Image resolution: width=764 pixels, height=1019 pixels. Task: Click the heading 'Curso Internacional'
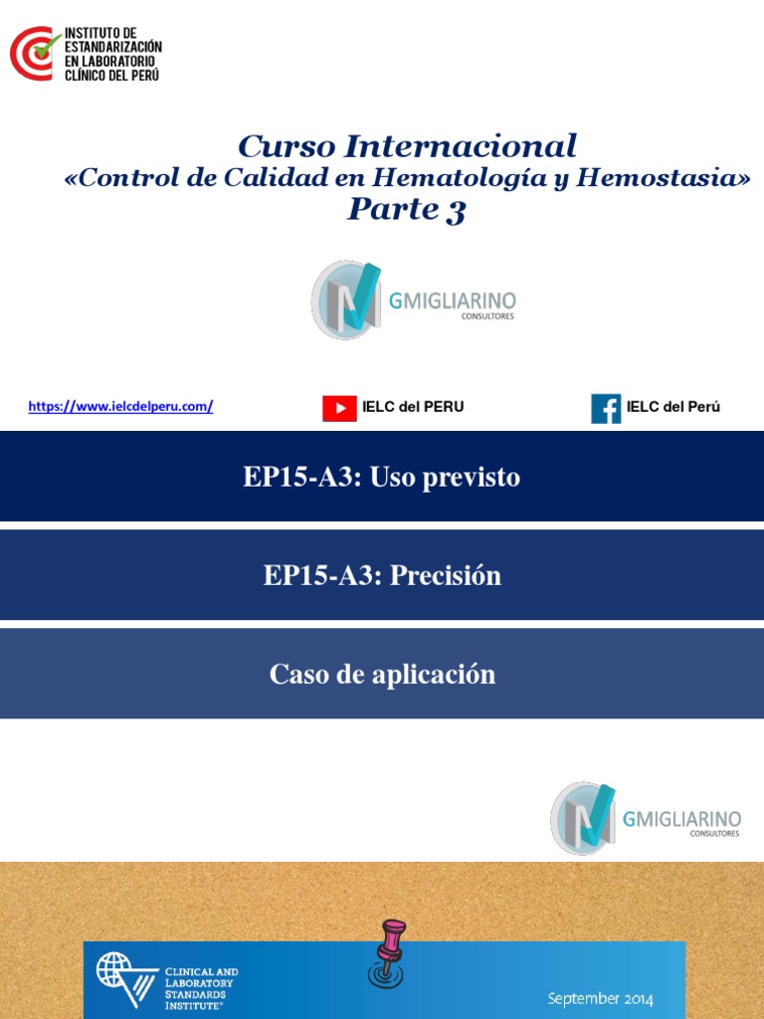pos(407,146)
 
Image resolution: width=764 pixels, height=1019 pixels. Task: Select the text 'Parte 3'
pos(406,210)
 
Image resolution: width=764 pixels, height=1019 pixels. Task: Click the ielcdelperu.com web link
pos(120,406)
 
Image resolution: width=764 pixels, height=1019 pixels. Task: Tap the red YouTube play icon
pos(339,408)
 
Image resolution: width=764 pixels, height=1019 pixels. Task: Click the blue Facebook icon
pos(606,408)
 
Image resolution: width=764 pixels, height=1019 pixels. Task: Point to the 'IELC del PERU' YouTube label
pos(413,407)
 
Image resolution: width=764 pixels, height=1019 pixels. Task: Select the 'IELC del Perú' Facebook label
pos(673,407)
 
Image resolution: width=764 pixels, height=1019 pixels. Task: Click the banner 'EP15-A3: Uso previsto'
pos(382,478)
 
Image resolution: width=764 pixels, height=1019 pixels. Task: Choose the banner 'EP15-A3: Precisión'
pos(382,575)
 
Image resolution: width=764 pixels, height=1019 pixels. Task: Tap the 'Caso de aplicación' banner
pos(382,674)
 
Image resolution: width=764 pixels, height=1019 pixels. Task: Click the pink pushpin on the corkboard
pos(389,950)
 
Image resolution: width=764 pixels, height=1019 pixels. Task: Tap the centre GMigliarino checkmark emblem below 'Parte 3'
pos(345,300)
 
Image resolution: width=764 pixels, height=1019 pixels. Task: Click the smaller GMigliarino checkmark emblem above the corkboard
pos(583,818)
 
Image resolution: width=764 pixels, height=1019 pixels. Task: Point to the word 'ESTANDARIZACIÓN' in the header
pos(112,47)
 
